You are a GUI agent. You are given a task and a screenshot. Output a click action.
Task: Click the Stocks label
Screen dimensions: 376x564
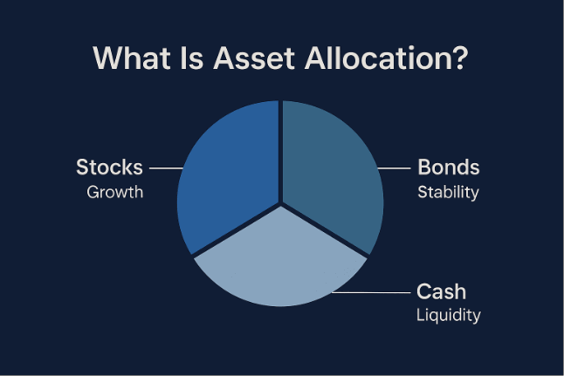pos(109,167)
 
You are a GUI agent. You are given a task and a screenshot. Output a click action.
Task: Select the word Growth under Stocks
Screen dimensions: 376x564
pos(114,192)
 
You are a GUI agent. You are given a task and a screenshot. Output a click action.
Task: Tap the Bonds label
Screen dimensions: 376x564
pos(449,167)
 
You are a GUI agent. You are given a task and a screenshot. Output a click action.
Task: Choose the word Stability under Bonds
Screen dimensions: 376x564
pos(448,192)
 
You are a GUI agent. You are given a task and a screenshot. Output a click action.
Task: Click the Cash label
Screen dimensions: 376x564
pos(442,291)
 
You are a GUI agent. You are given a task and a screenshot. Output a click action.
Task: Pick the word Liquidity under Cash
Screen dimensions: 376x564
pos(449,315)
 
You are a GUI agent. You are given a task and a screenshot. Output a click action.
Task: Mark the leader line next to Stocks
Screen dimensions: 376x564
pos(165,167)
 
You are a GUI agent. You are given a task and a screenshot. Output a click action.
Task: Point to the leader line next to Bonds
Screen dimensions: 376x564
pos(394,167)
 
